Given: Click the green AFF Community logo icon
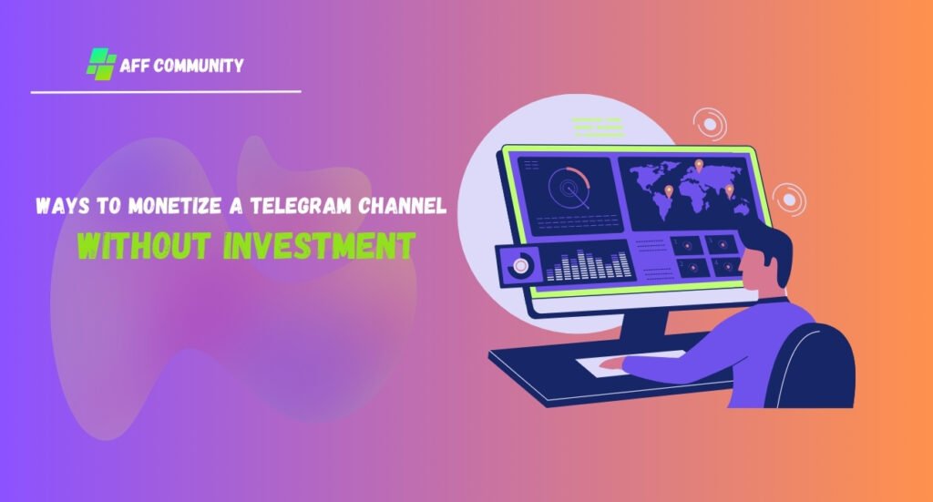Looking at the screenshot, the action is [100, 64].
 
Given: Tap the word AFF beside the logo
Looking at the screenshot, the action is [133, 65].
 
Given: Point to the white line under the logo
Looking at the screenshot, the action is [166, 92].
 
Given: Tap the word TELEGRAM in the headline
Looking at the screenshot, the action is [301, 206].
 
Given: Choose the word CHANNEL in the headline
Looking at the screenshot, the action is [402, 206].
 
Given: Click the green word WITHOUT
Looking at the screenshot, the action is [144, 245].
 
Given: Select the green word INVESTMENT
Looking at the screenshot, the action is [320, 245].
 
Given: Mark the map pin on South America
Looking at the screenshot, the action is [669, 191].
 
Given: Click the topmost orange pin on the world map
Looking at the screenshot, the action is [699, 165].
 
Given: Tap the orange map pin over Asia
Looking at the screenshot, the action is [730, 191].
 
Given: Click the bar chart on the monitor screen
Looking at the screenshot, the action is [589, 265].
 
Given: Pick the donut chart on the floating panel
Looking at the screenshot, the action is [520, 266].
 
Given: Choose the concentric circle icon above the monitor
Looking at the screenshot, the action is [710, 124].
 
